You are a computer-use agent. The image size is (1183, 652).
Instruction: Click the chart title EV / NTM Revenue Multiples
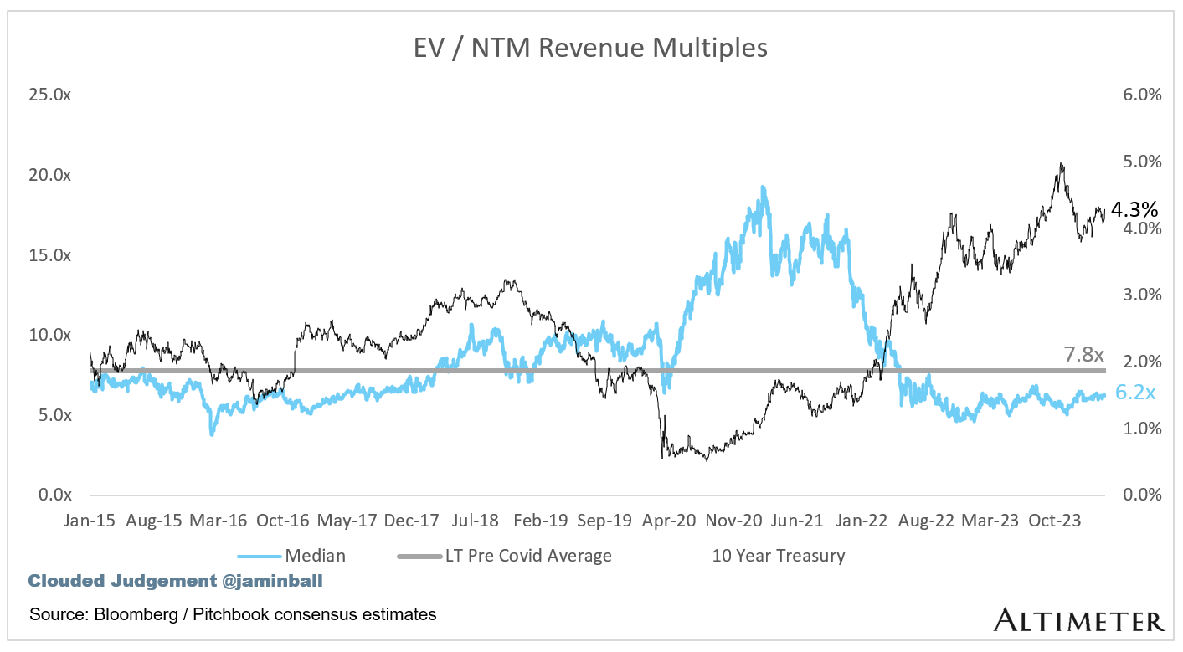[590, 49]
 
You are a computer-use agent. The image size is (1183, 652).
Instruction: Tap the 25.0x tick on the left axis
[49, 95]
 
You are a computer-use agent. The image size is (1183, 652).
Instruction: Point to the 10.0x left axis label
[49, 335]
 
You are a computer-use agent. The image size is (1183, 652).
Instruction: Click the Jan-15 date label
[90, 520]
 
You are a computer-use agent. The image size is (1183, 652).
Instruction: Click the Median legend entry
[315, 555]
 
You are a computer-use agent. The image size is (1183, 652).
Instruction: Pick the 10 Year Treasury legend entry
[778, 555]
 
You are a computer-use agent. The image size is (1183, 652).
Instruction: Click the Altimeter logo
[1079, 620]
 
